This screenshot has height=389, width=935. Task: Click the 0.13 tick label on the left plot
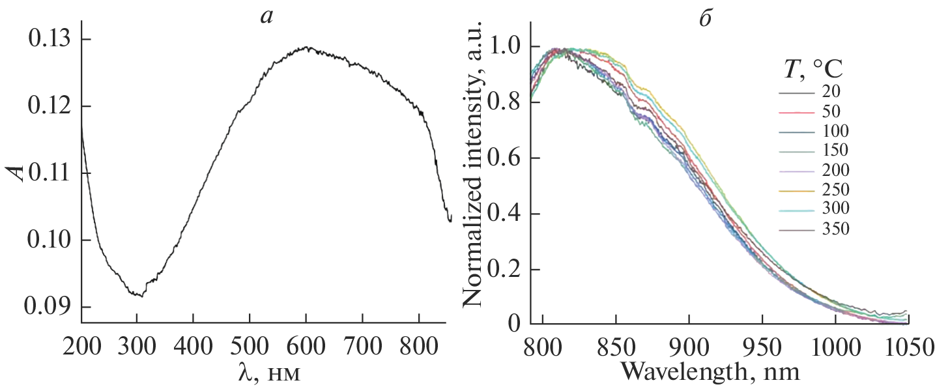tap(50, 40)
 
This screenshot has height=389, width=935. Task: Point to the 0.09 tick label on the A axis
tap(50, 307)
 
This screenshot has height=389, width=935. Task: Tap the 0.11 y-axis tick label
tap(50, 173)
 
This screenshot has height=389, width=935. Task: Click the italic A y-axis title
tap(19, 172)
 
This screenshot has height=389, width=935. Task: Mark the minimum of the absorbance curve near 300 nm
tap(139, 296)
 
